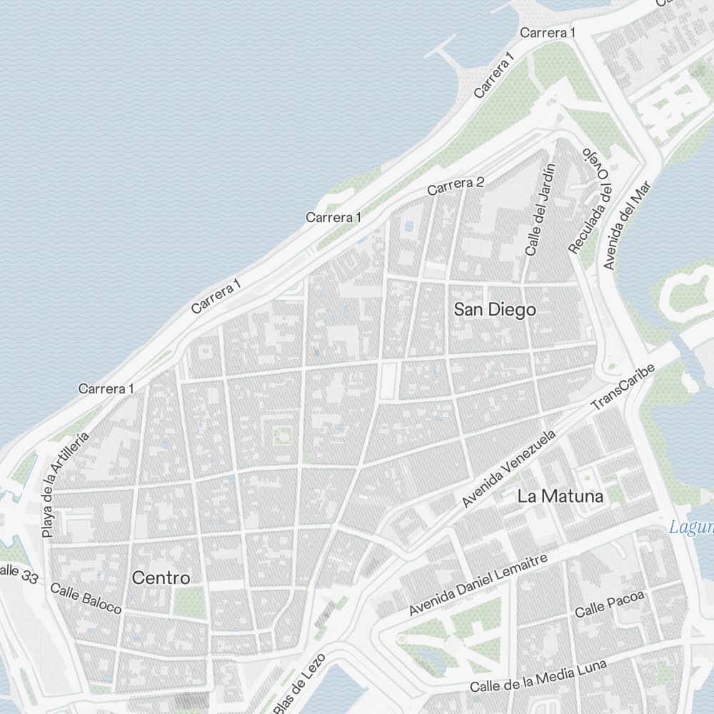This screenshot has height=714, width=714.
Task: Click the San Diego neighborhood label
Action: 495,310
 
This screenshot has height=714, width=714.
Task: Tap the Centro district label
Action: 161,578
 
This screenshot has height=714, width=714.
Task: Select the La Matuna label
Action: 560,496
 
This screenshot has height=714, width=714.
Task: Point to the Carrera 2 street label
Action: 456,186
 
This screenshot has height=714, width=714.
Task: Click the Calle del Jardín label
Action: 540,209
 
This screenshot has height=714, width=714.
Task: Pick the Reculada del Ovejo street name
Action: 592,201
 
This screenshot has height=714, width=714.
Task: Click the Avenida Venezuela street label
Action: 508,468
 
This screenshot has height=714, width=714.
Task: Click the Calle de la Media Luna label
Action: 538,676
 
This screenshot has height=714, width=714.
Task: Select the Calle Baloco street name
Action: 86,598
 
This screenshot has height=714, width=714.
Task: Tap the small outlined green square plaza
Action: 282,435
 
